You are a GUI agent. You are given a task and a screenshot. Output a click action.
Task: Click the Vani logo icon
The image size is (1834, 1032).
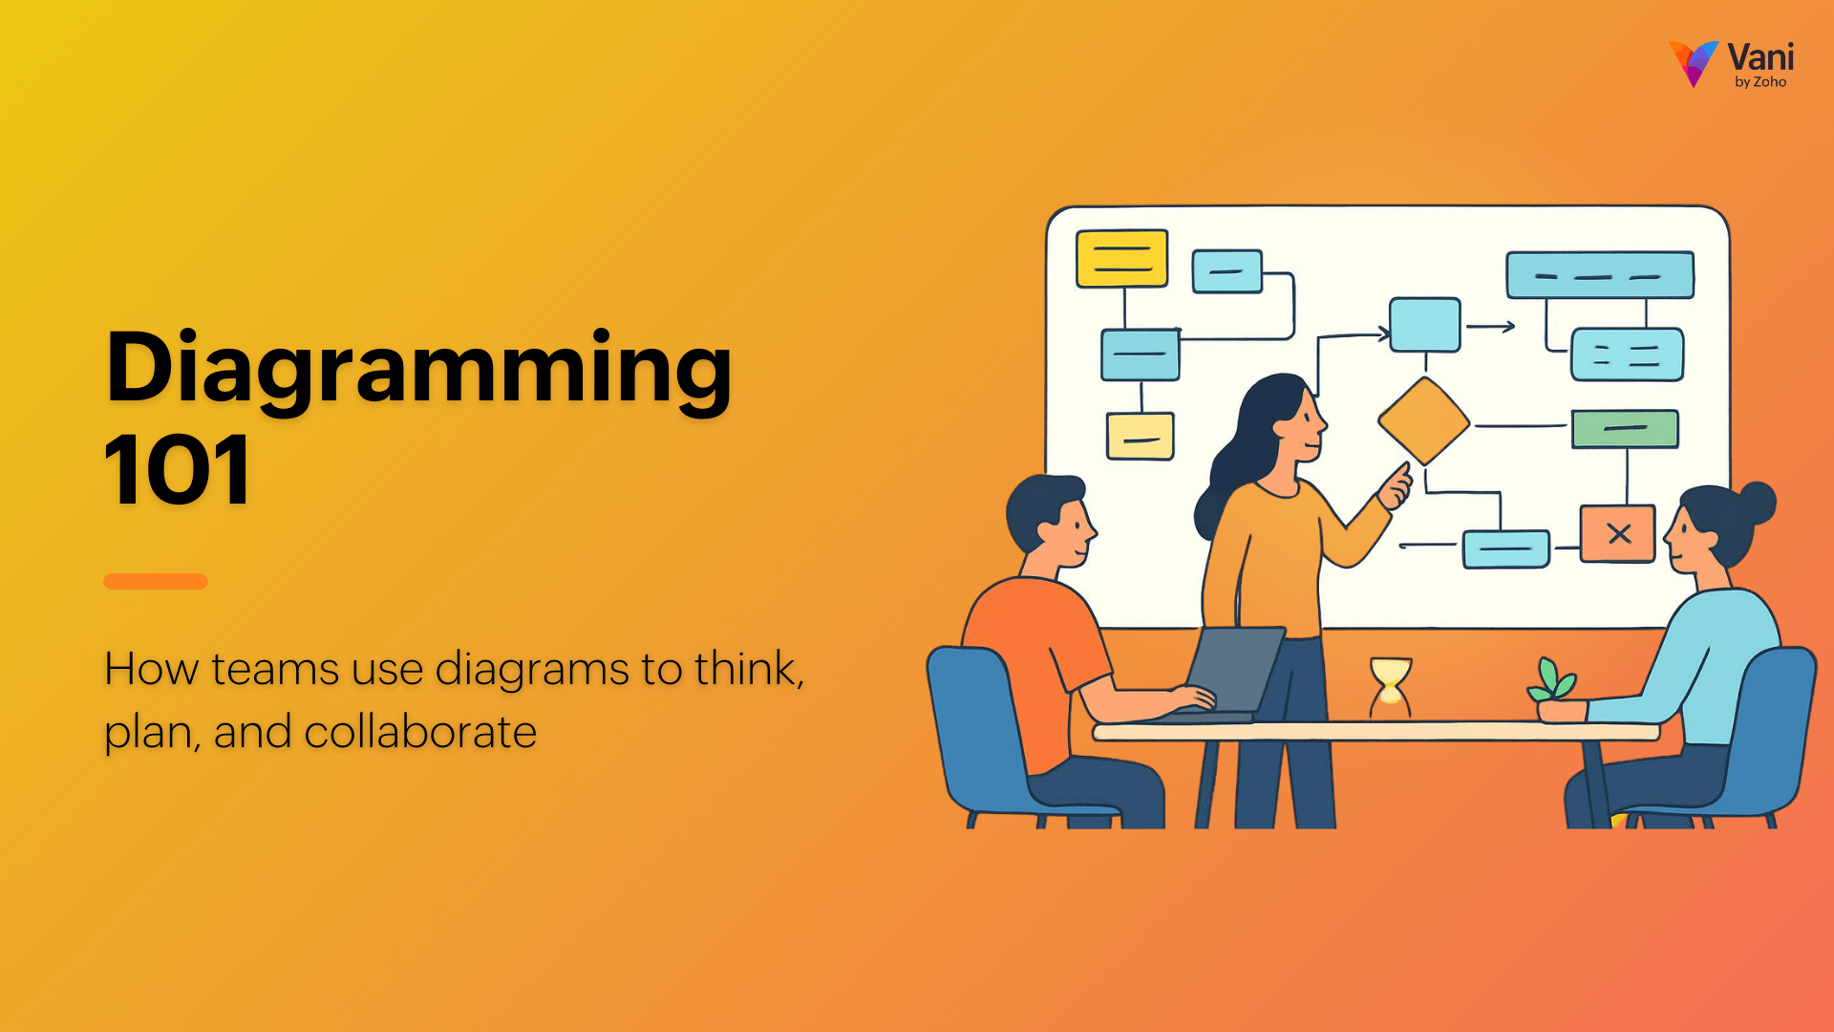(x=1694, y=63)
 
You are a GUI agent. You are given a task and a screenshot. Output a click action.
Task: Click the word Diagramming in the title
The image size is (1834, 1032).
(x=418, y=369)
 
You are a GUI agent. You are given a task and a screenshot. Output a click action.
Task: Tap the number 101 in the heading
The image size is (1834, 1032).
(x=178, y=470)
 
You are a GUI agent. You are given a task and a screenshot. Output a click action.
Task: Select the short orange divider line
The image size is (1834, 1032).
(x=156, y=581)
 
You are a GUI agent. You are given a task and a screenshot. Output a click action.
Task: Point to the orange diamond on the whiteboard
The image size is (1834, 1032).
(x=1423, y=420)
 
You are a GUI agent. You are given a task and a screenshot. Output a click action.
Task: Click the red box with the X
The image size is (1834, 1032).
(x=1617, y=533)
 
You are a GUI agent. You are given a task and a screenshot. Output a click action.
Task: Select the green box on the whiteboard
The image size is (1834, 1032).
(x=1625, y=429)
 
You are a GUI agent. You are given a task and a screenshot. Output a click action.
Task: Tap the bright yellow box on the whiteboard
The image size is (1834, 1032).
(x=1121, y=258)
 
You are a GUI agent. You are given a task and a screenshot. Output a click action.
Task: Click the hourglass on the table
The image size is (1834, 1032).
(x=1391, y=686)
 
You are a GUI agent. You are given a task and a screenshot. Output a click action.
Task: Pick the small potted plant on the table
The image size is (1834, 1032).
(x=1554, y=690)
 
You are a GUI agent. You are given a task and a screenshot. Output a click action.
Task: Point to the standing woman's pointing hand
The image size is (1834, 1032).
(x=1396, y=486)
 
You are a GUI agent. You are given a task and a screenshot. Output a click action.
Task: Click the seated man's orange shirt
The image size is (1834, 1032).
(x=1032, y=659)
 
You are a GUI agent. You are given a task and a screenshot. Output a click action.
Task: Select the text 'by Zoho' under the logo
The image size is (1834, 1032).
(x=1760, y=83)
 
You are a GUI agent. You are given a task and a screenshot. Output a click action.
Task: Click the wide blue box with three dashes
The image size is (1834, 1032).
(x=1600, y=275)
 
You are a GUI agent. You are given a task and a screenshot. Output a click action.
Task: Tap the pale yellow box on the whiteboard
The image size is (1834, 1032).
(x=1140, y=437)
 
